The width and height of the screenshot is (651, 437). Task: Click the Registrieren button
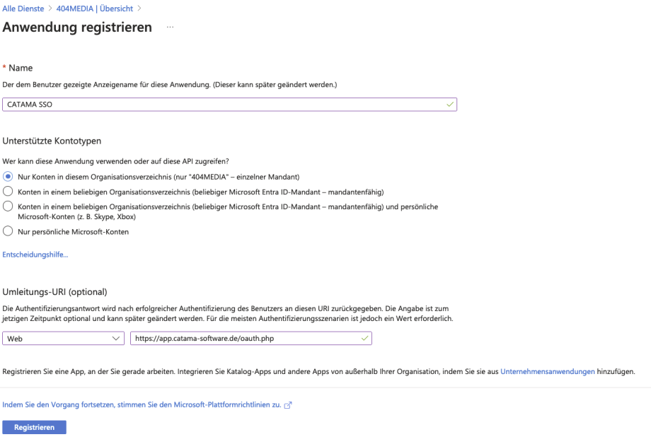[x=35, y=427]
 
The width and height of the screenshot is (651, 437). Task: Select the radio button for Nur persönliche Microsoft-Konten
[x=8, y=231]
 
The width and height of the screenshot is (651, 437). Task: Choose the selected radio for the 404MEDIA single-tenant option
[x=8, y=176]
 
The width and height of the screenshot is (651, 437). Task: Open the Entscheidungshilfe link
[x=35, y=255]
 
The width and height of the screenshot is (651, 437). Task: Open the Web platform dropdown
[x=64, y=339]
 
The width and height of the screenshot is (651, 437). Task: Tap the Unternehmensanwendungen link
[x=547, y=371]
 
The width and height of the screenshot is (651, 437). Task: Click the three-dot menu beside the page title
[x=170, y=28]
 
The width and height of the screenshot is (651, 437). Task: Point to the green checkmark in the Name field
[x=449, y=104]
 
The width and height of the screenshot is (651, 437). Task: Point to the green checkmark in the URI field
[x=364, y=339]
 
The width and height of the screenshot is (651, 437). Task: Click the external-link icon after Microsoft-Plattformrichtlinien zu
[x=288, y=405]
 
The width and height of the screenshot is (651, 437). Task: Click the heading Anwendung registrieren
[x=78, y=28]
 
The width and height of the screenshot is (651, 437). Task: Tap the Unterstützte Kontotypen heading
[x=52, y=141]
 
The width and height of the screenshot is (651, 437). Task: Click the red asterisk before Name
[x=6, y=68]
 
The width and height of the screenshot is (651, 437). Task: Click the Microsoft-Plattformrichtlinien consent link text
[x=142, y=405]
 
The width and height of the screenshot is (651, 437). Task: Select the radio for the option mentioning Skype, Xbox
[x=8, y=206]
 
